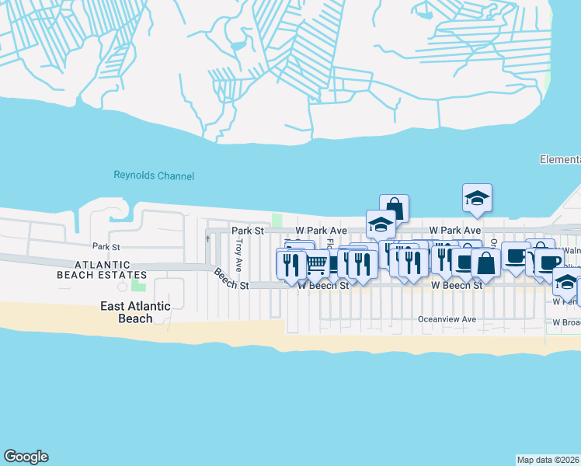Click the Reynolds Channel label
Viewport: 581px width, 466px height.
[154, 176]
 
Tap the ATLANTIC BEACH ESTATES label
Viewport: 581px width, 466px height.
[102, 270]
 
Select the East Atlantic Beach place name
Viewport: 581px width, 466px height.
[136, 311]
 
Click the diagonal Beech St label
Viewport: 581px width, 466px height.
[231, 280]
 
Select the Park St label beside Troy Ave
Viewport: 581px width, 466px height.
[248, 231]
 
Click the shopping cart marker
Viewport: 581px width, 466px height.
[317, 264]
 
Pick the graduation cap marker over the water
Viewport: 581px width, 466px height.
[478, 198]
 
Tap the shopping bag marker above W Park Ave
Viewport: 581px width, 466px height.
[394, 208]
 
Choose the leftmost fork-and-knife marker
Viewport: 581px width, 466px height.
[290, 263]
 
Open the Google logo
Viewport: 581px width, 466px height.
[26, 457]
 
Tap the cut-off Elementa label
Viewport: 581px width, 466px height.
[560, 159]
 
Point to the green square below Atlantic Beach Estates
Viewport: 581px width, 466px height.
[139, 297]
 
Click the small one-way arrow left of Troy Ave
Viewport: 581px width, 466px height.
[207, 239]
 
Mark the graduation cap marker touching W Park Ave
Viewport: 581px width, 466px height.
[381, 224]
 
